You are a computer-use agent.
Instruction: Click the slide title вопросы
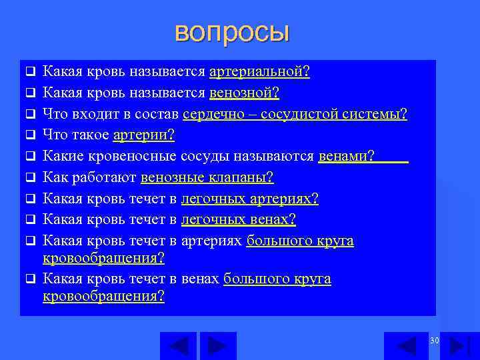[x=232, y=32]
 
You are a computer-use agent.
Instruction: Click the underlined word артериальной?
[x=259, y=71]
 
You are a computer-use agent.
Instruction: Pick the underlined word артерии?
[x=144, y=135]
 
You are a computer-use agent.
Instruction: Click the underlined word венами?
[x=347, y=157]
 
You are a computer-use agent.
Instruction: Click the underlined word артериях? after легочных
[x=284, y=199]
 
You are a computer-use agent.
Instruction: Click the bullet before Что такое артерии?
[x=29, y=136]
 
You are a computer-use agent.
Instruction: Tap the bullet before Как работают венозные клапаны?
[x=29, y=179]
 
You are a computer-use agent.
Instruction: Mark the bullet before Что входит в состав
[x=29, y=115]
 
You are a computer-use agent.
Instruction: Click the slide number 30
[x=435, y=341]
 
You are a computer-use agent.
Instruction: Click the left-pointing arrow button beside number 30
[x=407, y=346]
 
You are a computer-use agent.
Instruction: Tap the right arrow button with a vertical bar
[x=459, y=346]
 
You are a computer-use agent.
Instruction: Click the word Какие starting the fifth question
[x=61, y=157]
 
